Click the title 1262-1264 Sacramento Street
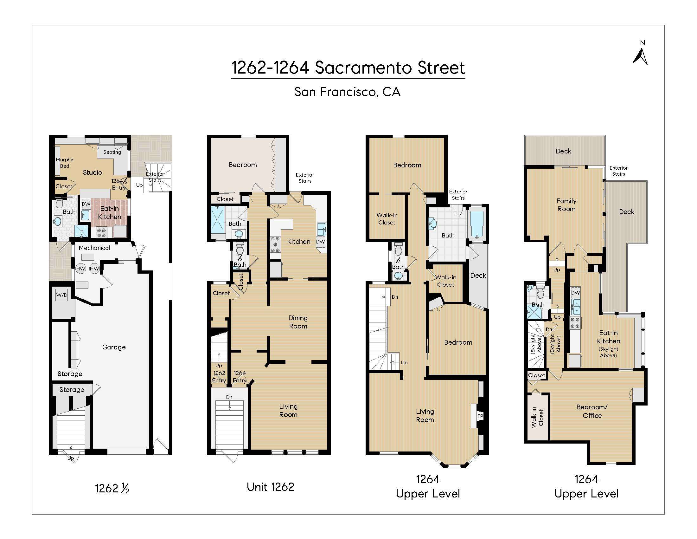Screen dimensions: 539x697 click(x=348, y=68)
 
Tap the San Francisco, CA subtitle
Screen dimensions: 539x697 click(x=347, y=92)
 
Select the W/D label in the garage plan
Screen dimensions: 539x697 click(x=62, y=295)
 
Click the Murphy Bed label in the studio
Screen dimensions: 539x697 click(x=64, y=163)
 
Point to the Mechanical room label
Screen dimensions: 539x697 click(x=94, y=248)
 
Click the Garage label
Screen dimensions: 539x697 click(x=114, y=347)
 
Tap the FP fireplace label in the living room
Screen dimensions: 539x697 click(x=480, y=416)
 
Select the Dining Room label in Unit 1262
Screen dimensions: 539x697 click(x=298, y=322)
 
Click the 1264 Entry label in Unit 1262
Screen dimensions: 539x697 click(x=240, y=377)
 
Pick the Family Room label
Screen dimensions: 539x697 click(x=566, y=205)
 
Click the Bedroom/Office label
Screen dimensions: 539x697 click(x=592, y=411)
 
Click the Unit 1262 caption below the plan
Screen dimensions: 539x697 click(x=270, y=487)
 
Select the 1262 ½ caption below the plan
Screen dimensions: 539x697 click(x=112, y=489)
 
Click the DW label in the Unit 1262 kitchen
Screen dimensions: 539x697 click(x=320, y=242)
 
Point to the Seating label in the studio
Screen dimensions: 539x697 click(x=112, y=152)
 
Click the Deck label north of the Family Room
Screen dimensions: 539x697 click(x=563, y=151)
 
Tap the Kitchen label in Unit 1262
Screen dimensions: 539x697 click(x=299, y=241)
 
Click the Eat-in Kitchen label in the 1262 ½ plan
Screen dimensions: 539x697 click(x=110, y=213)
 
